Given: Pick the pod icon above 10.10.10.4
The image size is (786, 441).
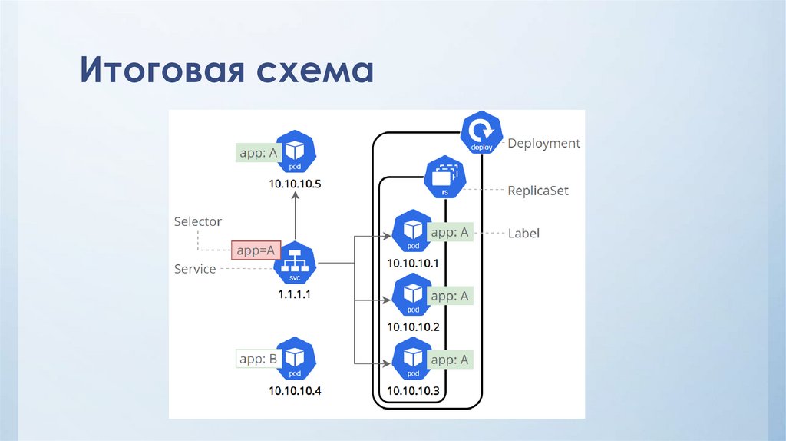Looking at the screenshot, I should tap(296, 358).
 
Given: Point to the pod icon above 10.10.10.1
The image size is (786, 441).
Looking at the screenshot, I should tap(413, 232).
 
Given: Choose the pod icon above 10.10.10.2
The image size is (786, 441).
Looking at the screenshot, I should tap(413, 295).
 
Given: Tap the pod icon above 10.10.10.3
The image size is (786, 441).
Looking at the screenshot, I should tap(413, 359).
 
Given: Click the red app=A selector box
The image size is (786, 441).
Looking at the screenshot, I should tap(256, 250).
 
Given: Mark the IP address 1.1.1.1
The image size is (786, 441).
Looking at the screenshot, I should tap(295, 294).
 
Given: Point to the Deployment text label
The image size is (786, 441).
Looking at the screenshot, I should tap(544, 143).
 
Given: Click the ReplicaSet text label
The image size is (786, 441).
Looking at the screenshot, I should tap(538, 191).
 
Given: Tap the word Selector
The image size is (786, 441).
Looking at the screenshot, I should tap(198, 221).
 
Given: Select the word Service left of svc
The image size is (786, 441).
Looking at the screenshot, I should tap(195, 269).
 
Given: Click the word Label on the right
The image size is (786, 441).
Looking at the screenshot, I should tap(523, 233).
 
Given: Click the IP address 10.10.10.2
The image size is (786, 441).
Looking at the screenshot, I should tap(413, 327).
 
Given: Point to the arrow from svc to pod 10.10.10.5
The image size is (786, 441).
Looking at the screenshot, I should tap(296, 219).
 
